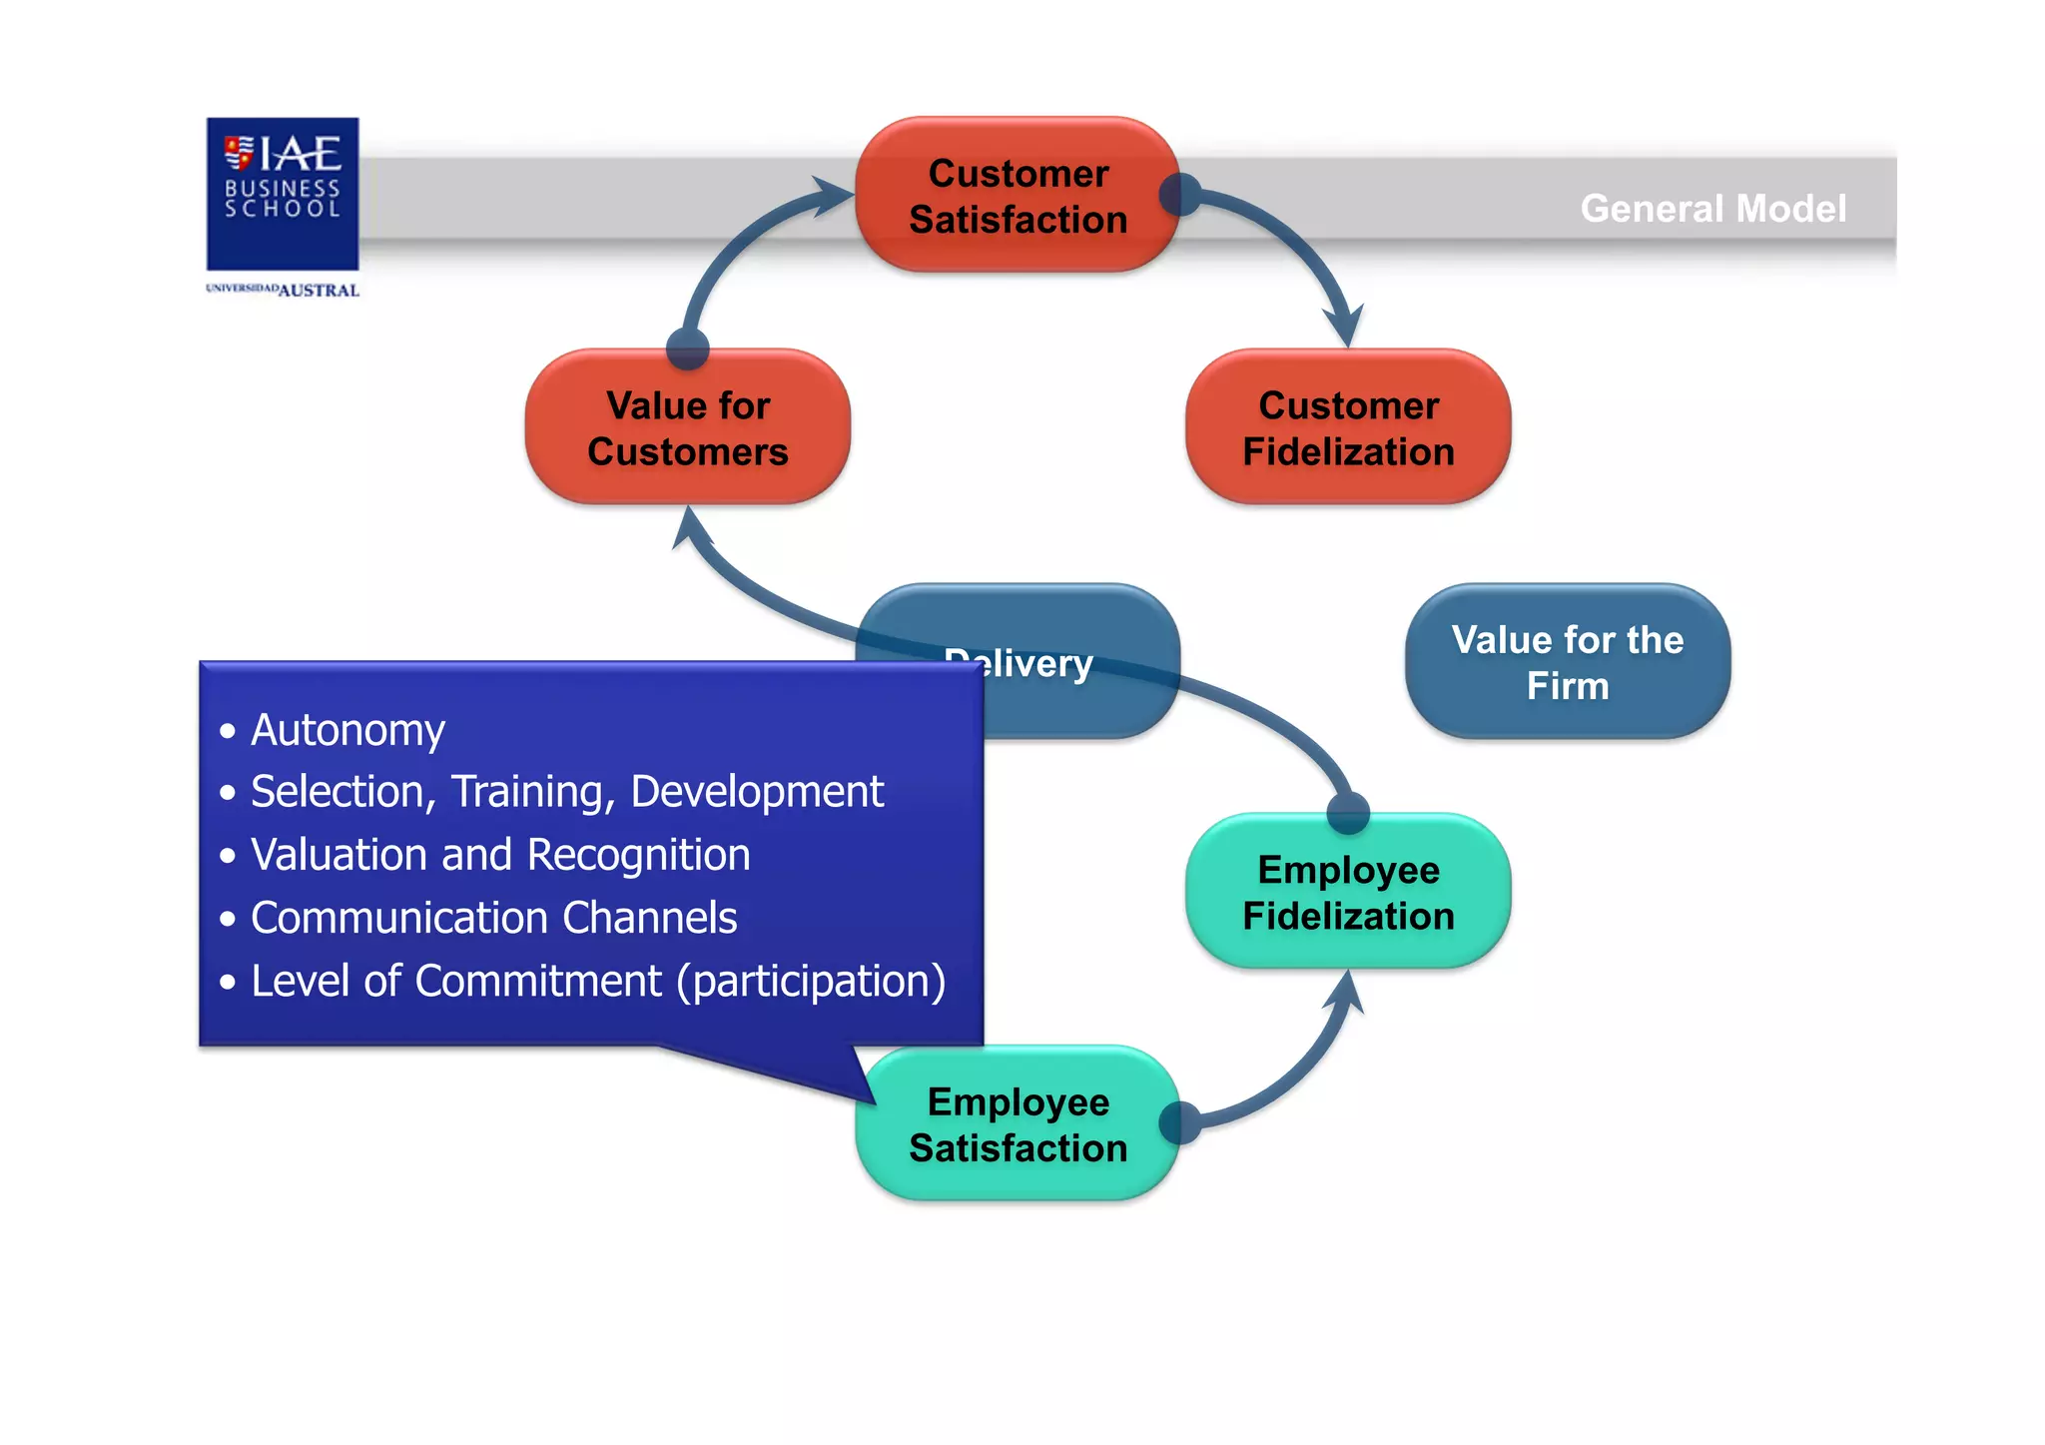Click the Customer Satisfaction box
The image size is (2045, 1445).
(1018, 196)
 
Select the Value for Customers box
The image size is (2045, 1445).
(688, 428)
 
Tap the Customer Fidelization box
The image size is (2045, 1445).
(1348, 428)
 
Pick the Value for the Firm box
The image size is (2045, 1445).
(1567, 662)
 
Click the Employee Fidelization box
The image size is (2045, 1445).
(1348, 893)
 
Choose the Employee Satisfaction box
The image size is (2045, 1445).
(1018, 1124)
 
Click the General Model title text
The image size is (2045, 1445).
(1712, 209)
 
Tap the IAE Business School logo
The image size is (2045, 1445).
(283, 193)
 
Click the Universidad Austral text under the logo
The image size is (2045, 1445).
(283, 290)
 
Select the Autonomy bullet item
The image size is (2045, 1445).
(347, 730)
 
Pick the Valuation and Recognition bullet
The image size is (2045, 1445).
(499, 855)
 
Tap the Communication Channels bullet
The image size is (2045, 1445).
(493, 918)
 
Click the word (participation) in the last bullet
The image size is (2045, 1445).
(811, 981)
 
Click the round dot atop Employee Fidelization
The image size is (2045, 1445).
(1348, 812)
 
